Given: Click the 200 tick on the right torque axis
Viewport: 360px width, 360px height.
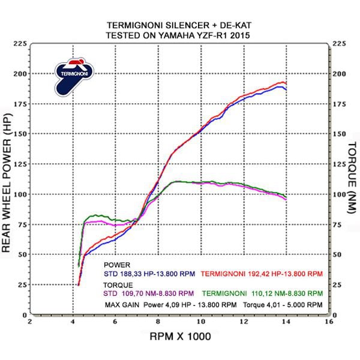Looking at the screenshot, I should [340, 74].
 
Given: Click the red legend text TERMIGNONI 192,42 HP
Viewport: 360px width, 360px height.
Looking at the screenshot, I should [261, 273].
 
